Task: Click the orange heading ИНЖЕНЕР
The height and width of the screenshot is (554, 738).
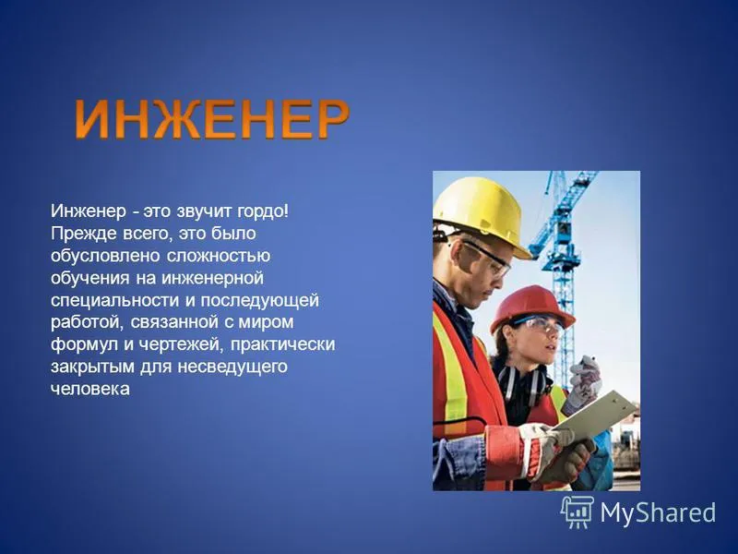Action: [x=212, y=119]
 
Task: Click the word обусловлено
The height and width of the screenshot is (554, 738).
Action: [x=106, y=256]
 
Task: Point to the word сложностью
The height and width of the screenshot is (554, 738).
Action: [x=219, y=257]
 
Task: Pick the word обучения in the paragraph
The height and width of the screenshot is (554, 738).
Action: [x=89, y=279]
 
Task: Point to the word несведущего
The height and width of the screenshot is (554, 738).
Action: [x=232, y=367]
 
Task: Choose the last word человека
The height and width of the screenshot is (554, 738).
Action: [x=89, y=389]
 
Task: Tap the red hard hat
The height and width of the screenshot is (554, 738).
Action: [x=533, y=308]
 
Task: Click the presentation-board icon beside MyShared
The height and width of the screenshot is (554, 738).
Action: [x=577, y=512]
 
